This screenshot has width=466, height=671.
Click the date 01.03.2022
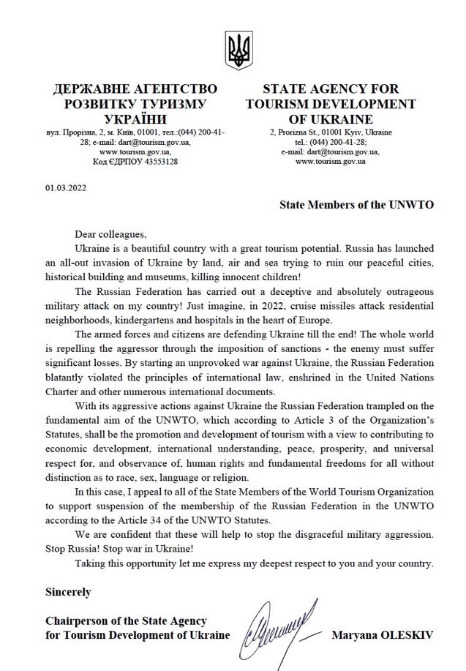(x=66, y=188)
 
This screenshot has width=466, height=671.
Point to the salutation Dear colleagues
(x=110, y=234)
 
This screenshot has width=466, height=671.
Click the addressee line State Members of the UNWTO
(x=356, y=205)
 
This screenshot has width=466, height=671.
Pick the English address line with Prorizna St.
(x=331, y=132)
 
